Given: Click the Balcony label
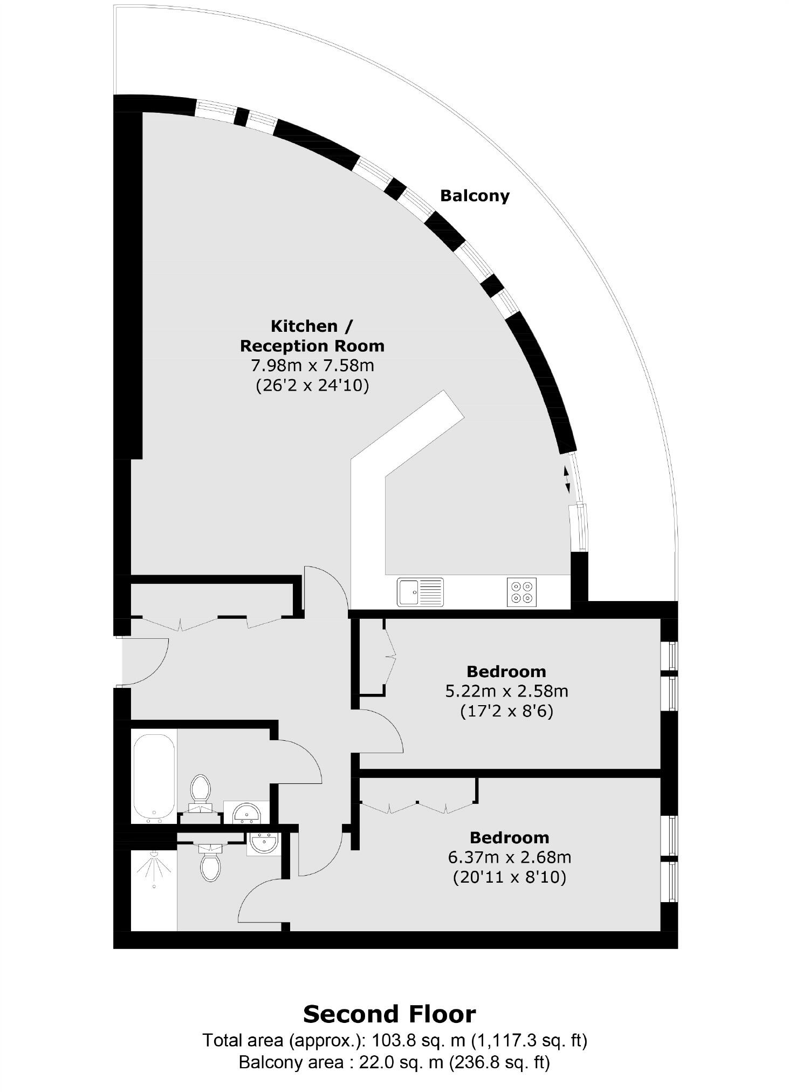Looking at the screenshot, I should pos(475,195).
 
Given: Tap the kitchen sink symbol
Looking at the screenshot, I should pos(420,592).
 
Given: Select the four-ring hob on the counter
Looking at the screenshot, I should pos(522,592).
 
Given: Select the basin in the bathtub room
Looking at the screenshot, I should pos(246,812).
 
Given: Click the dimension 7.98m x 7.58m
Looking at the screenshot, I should pos(312,366).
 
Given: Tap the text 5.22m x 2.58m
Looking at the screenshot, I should pos(506,691).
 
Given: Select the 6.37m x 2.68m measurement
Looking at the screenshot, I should pos(509,857).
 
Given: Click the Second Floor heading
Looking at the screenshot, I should pos(389,1014).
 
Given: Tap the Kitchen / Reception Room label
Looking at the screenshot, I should pos(312,336).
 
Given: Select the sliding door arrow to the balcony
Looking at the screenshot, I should pos(566,479).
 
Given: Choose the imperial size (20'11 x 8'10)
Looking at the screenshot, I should pos(509,878).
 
